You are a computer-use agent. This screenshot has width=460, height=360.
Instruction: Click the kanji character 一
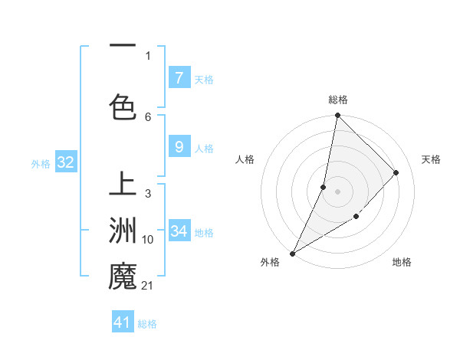coord(123,48)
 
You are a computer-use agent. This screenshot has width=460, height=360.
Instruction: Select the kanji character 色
coord(123,106)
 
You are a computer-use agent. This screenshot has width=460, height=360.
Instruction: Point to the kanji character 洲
coord(123,231)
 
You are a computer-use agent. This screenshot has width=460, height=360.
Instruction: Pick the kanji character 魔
coord(123,277)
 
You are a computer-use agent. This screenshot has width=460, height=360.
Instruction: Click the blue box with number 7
coord(179,78)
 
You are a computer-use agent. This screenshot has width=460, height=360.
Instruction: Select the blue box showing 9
coord(179,148)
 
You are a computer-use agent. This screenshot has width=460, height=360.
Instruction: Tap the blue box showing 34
coord(179,231)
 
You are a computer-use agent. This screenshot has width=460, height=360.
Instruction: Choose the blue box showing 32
coord(65,162)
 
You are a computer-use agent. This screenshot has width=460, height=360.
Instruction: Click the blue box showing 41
coord(123,322)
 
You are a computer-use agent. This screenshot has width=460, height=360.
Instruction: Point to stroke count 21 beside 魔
coord(148,286)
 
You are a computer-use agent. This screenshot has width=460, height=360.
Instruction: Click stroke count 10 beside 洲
coord(148,240)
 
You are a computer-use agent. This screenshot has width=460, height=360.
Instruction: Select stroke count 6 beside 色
coord(148,116)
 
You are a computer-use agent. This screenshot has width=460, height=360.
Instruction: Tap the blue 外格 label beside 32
coord(41,163)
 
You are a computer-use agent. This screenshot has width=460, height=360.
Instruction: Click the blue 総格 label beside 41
coord(147,323)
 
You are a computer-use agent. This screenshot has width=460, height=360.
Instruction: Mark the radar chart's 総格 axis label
coord(337,100)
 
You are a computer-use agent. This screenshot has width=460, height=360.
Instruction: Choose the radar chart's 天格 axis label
coord(431,159)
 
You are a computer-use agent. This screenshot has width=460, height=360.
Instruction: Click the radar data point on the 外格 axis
coord(292,254)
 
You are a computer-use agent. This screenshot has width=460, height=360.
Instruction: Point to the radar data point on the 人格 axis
coord(324,187)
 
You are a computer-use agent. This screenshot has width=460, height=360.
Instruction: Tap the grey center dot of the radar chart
coord(337,191)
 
